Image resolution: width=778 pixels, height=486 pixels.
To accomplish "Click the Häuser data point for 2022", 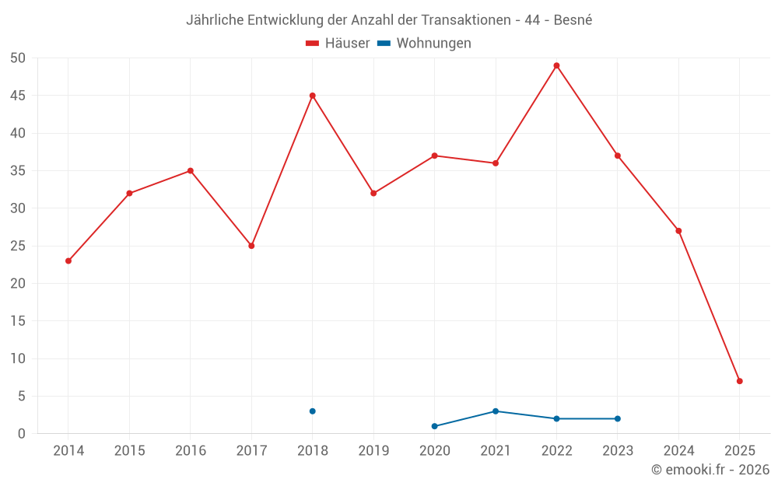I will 556,65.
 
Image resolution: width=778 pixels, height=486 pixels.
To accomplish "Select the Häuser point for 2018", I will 312,96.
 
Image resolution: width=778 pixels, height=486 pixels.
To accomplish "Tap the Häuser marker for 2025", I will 739,381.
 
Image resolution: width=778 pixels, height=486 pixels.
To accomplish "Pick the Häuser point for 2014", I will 68,260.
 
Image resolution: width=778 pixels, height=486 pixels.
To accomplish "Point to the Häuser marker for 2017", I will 251,246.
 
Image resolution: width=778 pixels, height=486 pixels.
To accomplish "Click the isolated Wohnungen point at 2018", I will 312,411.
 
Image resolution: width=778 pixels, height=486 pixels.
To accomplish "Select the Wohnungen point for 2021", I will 496,411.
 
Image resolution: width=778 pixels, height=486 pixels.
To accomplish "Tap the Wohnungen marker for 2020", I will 434,426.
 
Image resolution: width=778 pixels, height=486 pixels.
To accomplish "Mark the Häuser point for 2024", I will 678,231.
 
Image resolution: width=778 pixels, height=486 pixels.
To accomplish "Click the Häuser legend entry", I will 338,44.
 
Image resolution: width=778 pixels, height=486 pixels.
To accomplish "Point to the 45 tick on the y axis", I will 17,96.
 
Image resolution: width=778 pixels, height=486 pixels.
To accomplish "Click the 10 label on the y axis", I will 17,358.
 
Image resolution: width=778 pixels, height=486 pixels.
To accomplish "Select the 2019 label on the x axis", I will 373,450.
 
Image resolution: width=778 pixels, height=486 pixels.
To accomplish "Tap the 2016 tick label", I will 191,450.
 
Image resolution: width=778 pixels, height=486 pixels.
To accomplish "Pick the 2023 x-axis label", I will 618,450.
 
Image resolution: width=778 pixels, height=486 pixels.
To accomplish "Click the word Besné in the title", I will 573,20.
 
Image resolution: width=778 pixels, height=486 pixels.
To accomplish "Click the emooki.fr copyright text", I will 710,470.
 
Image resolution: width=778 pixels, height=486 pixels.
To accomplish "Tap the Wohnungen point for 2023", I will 618,418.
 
